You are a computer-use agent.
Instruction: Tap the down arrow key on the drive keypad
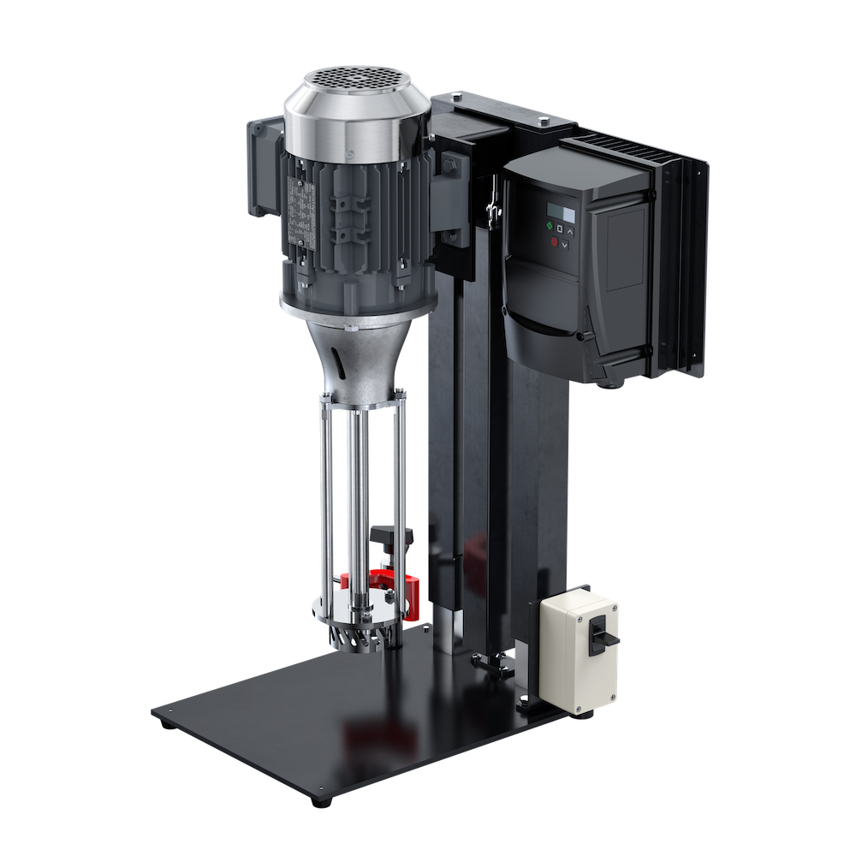[x=565, y=245]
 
